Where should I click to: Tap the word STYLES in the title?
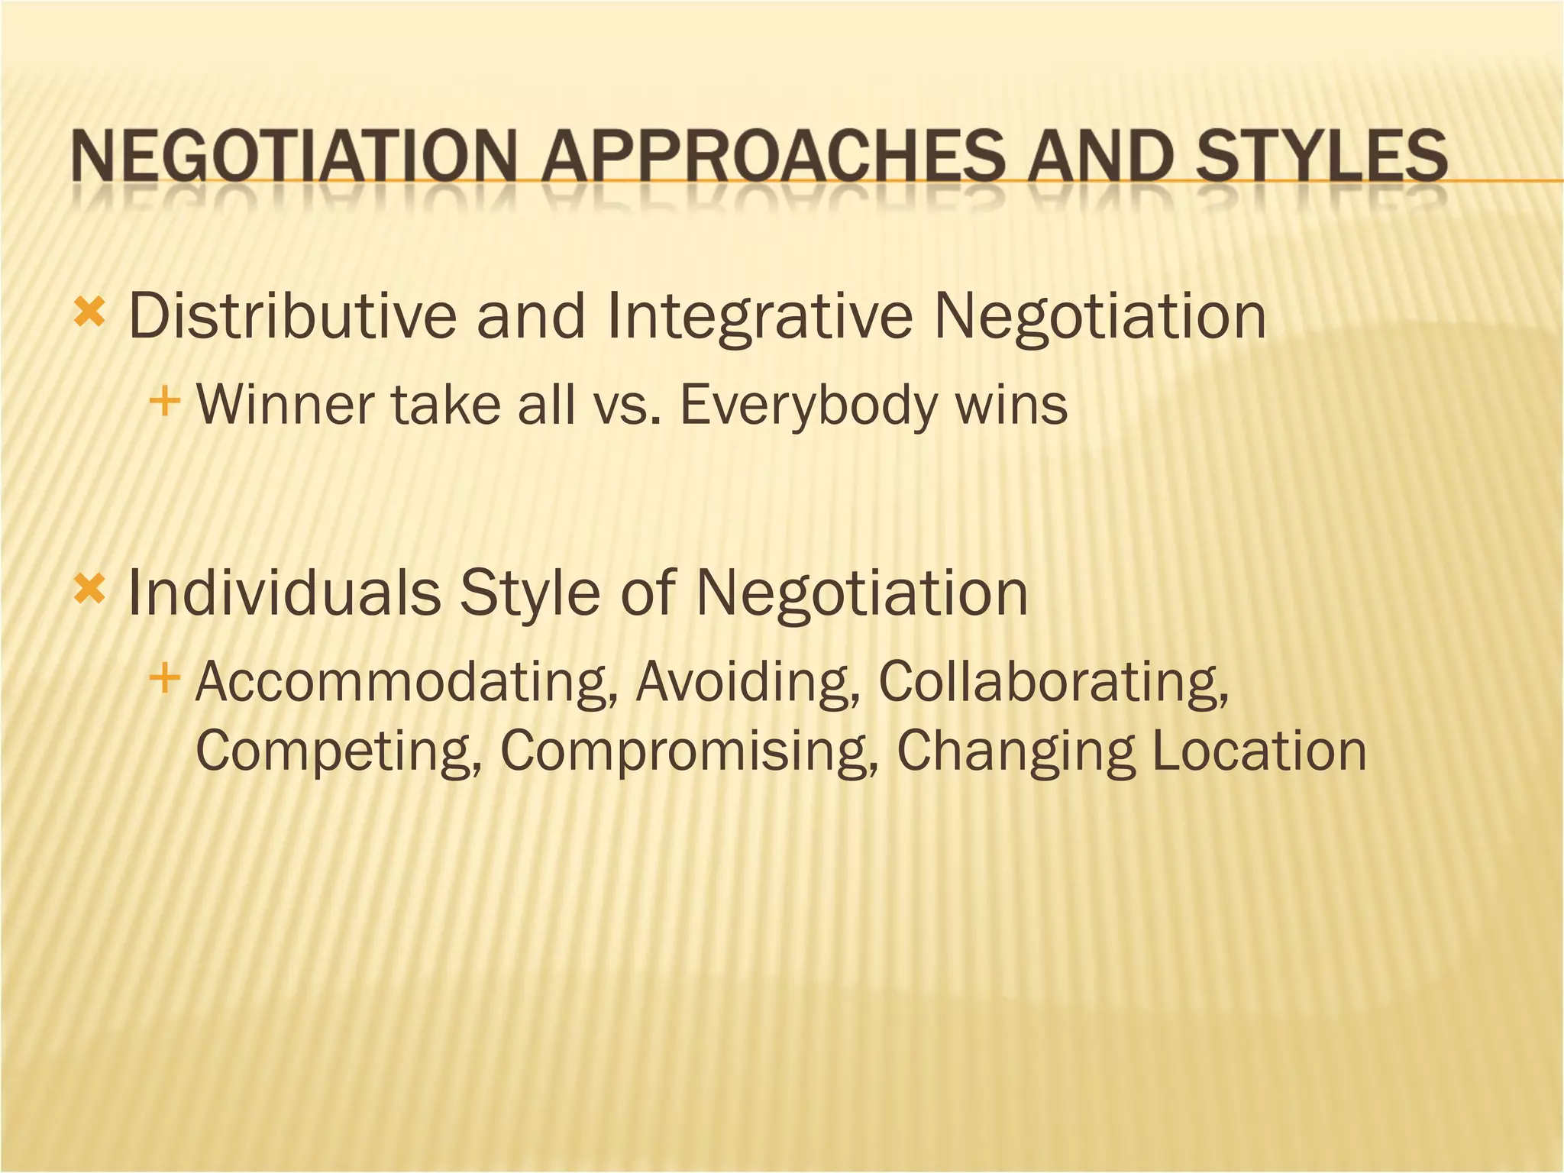point(1321,156)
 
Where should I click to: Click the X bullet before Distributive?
point(89,314)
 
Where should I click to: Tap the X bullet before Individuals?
point(89,590)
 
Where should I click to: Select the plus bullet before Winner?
point(165,400)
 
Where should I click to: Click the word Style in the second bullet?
point(529,594)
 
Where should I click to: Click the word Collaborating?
point(1053,681)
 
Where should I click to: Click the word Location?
point(1259,750)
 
